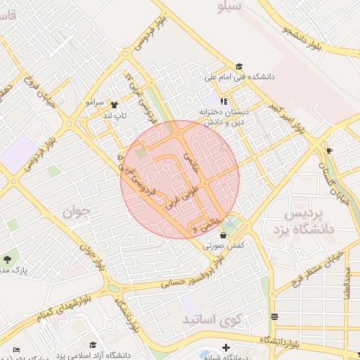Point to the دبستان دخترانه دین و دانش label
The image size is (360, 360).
coord(224,116)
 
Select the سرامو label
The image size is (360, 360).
coord(95,103)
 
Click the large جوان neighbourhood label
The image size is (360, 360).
coord(78,210)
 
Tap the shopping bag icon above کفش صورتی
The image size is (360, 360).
coord(224,236)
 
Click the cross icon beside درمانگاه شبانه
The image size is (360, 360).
coord(225,347)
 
